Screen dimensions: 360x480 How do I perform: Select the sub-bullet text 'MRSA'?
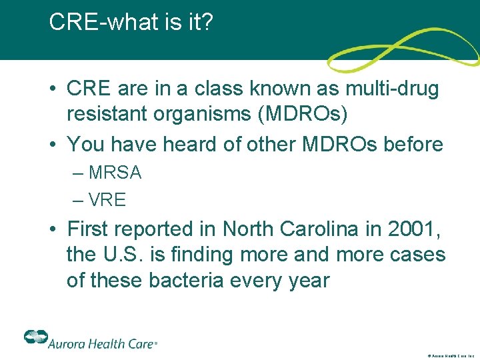click(115, 173)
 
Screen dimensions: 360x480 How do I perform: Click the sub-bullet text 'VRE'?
click(107, 199)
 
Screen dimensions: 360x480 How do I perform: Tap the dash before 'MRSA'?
click(79, 173)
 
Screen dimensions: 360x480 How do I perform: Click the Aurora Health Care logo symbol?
click(35, 337)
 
